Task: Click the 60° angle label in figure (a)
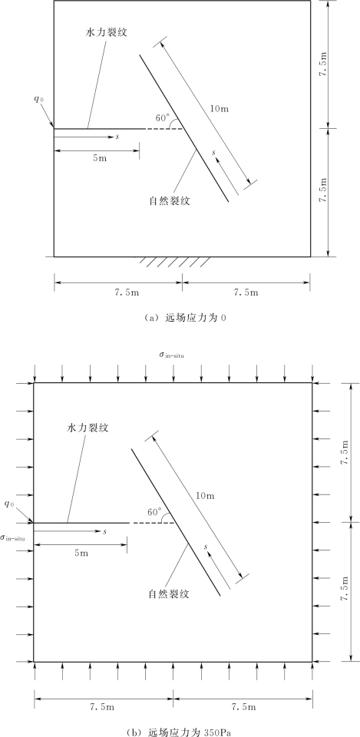point(163,118)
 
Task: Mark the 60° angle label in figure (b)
point(154,511)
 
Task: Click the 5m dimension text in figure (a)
point(100,158)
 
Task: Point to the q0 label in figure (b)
point(9,504)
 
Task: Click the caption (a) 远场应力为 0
point(180,318)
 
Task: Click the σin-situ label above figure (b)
point(171,355)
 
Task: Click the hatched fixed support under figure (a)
point(173,262)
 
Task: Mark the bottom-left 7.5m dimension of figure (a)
point(118,292)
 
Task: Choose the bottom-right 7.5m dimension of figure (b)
point(245,707)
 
